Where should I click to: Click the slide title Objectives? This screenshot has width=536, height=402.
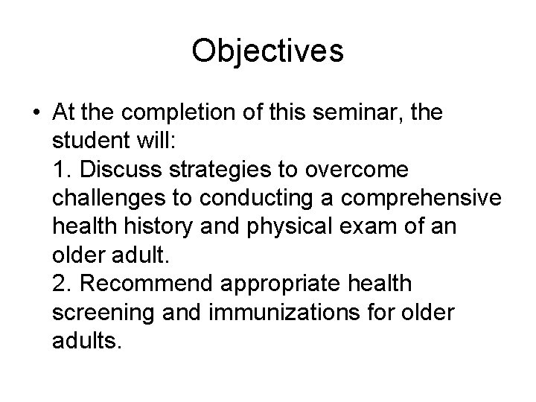click(267, 51)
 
